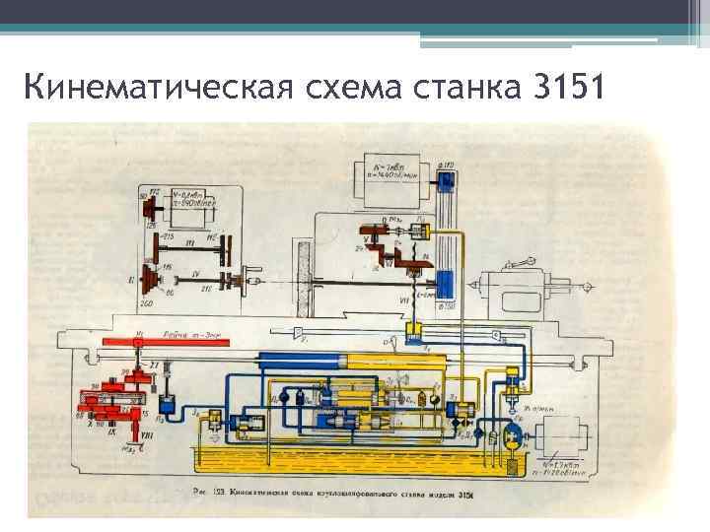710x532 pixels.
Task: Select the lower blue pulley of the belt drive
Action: pos(445,286)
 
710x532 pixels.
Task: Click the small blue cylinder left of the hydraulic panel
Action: pos(167,403)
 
